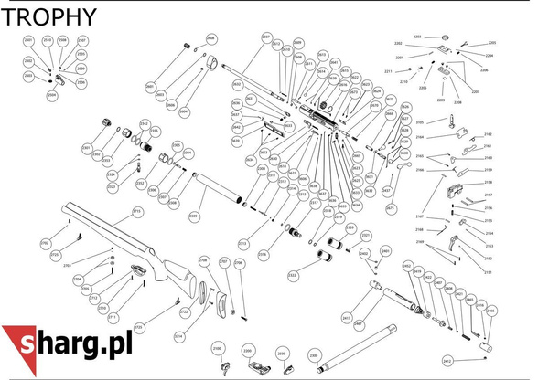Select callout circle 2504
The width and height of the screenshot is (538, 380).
coord(51,94)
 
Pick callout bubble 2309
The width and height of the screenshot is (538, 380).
coord(193,216)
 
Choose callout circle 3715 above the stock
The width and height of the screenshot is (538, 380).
coord(137,211)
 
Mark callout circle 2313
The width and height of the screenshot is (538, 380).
coord(243,244)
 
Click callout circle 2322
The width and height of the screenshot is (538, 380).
coord(293,274)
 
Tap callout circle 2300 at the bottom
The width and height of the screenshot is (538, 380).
coord(314,354)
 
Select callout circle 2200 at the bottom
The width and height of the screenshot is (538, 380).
coord(247,350)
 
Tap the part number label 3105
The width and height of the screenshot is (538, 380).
coord(420,121)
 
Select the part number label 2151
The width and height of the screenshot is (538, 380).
coord(489,271)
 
